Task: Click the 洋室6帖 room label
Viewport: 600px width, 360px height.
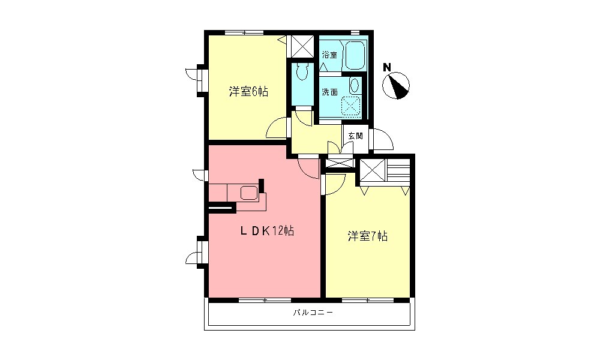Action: [248, 92]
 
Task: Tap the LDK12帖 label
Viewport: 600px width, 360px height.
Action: [268, 231]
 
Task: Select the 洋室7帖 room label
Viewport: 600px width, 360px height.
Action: [367, 236]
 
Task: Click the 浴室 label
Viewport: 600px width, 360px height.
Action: [329, 55]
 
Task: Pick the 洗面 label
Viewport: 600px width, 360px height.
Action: [329, 92]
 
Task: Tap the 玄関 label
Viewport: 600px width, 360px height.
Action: [355, 136]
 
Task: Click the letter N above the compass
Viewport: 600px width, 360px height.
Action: [388, 67]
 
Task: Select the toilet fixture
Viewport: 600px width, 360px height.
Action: [302, 72]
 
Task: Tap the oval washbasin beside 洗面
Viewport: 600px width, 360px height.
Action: [355, 85]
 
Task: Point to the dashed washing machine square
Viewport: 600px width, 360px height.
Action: [351, 106]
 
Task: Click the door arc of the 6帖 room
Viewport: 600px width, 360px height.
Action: [277, 129]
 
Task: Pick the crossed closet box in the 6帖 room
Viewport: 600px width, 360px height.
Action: [301, 44]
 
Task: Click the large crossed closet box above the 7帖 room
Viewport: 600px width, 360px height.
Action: [373, 172]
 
